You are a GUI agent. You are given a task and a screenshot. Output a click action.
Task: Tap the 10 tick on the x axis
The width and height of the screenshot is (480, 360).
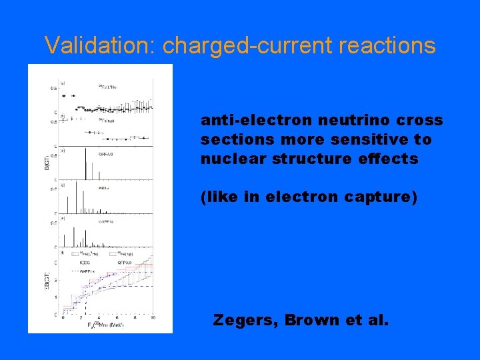(x=153, y=317)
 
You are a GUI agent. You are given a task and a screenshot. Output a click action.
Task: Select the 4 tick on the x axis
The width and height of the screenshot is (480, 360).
(x=99, y=317)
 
